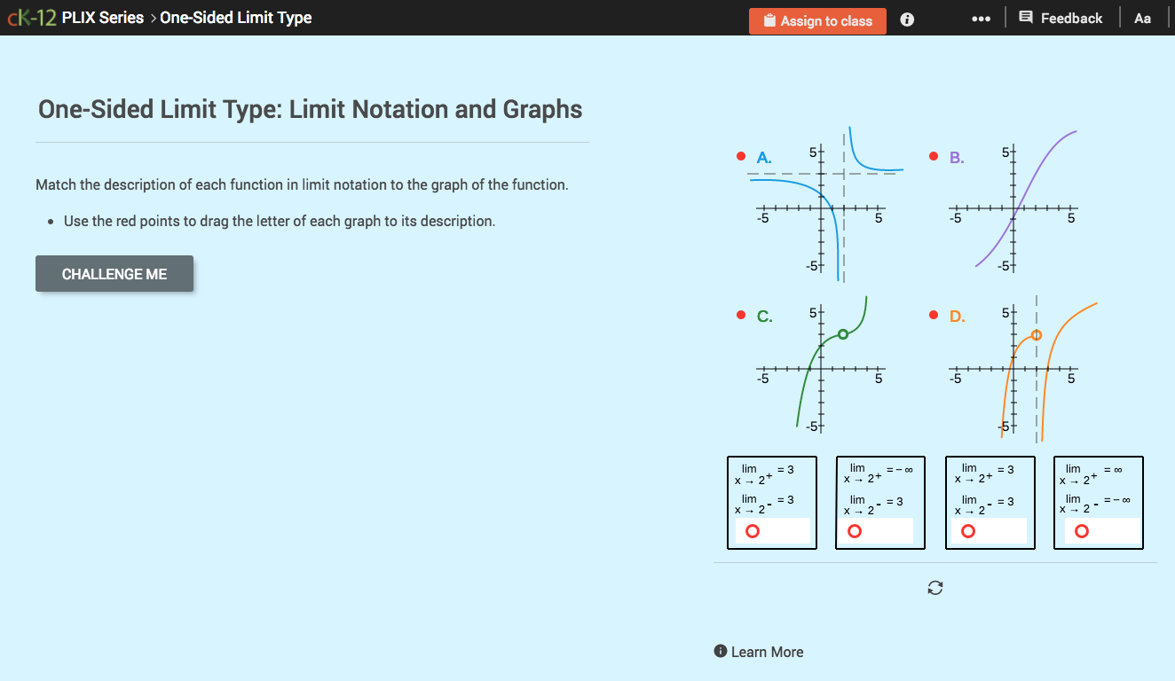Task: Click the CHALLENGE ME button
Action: tap(114, 274)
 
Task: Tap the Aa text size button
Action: tap(1142, 19)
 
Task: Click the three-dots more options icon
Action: tap(981, 19)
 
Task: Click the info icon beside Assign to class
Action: tap(907, 20)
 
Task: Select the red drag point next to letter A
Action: tap(740, 157)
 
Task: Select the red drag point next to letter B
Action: tap(934, 157)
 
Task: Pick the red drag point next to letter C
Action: tap(740, 316)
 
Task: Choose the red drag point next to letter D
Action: tap(934, 316)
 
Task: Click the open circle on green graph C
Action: tap(843, 334)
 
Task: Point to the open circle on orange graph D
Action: tap(1037, 334)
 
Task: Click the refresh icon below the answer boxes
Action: tap(934, 588)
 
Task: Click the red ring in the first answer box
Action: tap(753, 531)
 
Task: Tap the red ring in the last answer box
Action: tap(1082, 531)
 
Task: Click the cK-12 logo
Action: tap(32, 18)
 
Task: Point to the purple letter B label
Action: tap(957, 158)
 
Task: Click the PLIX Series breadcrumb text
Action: tap(102, 18)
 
